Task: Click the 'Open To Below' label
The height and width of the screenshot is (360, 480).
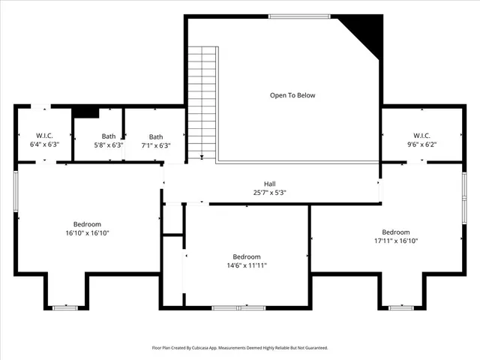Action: click(x=292, y=95)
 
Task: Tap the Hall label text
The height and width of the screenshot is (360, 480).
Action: click(x=269, y=184)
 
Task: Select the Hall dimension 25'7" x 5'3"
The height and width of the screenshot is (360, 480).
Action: click(x=269, y=193)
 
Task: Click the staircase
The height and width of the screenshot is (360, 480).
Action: click(x=202, y=101)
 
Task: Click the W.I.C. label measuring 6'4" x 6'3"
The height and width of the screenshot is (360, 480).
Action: click(x=43, y=136)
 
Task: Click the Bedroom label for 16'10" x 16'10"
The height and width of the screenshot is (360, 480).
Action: click(x=87, y=224)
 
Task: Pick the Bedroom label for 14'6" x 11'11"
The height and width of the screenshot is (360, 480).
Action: click(x=246, y=256)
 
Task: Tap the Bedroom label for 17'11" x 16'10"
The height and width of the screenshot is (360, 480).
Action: click(x=395, y=232)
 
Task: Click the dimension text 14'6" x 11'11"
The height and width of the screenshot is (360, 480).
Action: click(x=246, y=265)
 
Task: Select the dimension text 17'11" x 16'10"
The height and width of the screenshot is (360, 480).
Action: click(x=395, y=241)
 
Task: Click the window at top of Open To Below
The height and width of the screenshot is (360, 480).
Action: click(x=293, y=17)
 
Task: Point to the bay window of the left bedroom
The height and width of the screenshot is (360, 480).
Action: click(x=65, y=307)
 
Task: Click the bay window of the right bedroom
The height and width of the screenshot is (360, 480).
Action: click(x=400, y=307)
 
